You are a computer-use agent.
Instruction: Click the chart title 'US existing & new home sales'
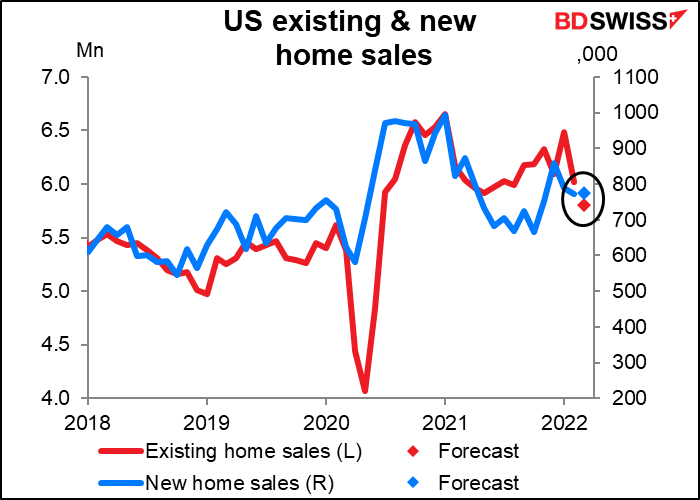click(x=350, y=38)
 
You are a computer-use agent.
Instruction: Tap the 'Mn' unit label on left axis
click(x=90, y=50)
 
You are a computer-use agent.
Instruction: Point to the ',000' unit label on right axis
click(x=597, y=54)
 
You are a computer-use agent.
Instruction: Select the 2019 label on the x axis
click(x=207, y=423)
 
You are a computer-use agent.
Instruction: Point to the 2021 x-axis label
click(x=445, y=423)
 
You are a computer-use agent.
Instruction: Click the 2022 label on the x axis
click(x=564, y=423)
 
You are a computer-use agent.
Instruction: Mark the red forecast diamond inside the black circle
click(x=584, y=205)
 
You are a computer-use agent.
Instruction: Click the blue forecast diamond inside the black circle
click(x=584, y=193)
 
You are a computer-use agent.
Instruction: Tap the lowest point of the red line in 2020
click(x=365, y=391)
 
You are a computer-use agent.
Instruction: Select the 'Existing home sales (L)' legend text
click(x=253, y=451)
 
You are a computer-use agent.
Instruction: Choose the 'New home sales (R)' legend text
click(x=239, y=483)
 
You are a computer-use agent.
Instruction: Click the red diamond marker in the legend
click(x=414, y=452)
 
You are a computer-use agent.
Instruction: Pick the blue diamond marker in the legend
click(x=414, y=483)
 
